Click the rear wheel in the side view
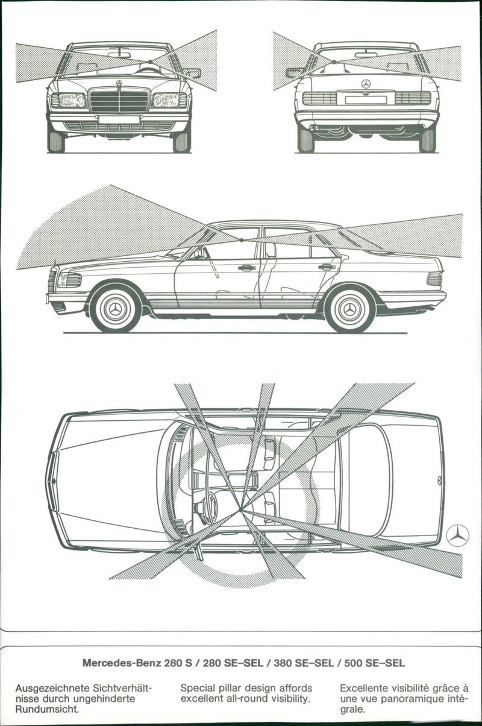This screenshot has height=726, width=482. pyautogui.click(x=349, y=309)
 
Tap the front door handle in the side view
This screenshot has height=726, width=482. pyautogui.click(x=246, y=267)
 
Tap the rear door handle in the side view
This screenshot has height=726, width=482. pyautogui.click(x=327, y=267)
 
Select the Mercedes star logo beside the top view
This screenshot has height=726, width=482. pyautogui.click(x=458, y=535)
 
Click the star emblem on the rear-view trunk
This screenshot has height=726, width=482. pyautogui.click(x=366, y=84)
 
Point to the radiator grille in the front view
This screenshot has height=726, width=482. pyautogui.click(x=119, y=101)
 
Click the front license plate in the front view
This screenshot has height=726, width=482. pyautogui.click(x=119, y=120)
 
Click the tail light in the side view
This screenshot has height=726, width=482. pyautogui.click(x=434, y=279)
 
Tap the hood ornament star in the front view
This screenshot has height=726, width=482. pyautogui.click(x=119, y=84)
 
